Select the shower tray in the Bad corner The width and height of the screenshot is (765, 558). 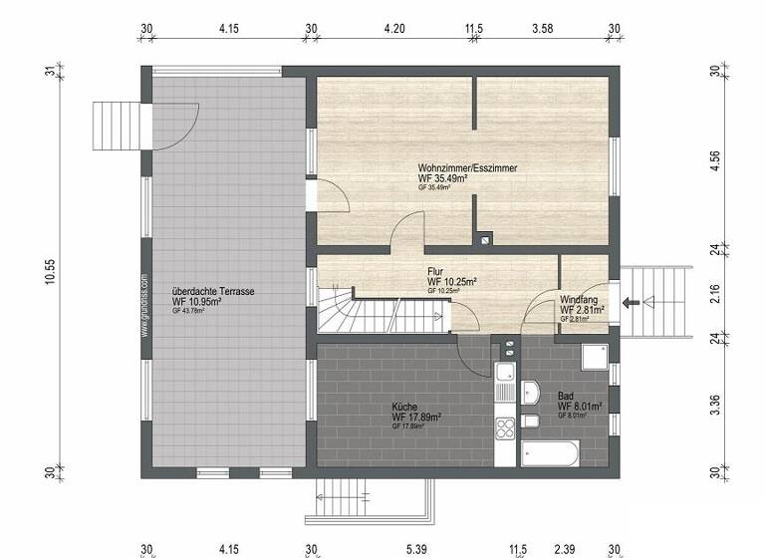(x=594, y=357)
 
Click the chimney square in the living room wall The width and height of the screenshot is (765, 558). (x=485, y=238)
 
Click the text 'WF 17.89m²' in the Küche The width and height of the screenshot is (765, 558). (x=417, y=418)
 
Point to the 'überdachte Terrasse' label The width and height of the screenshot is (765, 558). (x=213, y=291)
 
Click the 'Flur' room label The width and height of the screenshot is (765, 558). (x=435, y=271)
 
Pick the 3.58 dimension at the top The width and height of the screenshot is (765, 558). (x=543, y=29)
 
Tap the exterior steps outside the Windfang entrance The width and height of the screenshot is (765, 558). (x=662, y=302)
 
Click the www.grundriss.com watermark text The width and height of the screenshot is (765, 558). (x=144, y=306)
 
